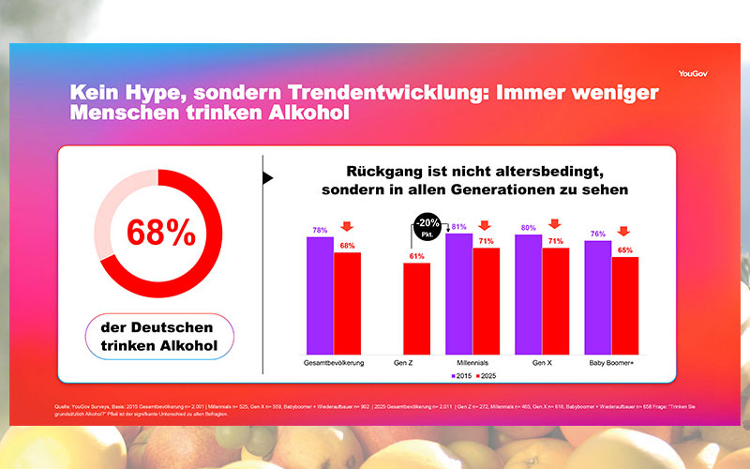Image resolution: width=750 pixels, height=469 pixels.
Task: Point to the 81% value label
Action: [459, 227]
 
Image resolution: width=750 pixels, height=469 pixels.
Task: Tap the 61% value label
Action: [417, 256]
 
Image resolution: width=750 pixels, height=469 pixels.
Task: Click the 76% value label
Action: [598, 234]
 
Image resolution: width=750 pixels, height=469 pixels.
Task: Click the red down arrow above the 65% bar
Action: [624, 233]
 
